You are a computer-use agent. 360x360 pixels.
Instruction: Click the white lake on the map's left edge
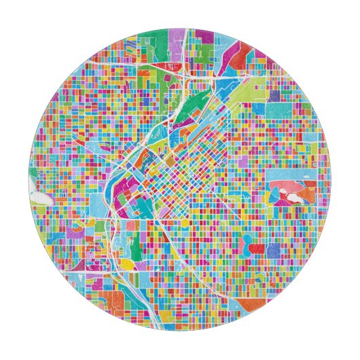click(x=40, y=199)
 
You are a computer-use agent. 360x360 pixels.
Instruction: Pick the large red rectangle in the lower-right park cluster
click(x=257, y=249)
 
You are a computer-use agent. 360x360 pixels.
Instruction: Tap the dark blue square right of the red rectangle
click(x=273, y=251)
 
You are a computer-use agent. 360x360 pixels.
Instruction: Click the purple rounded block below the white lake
click(x=75, y=232)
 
